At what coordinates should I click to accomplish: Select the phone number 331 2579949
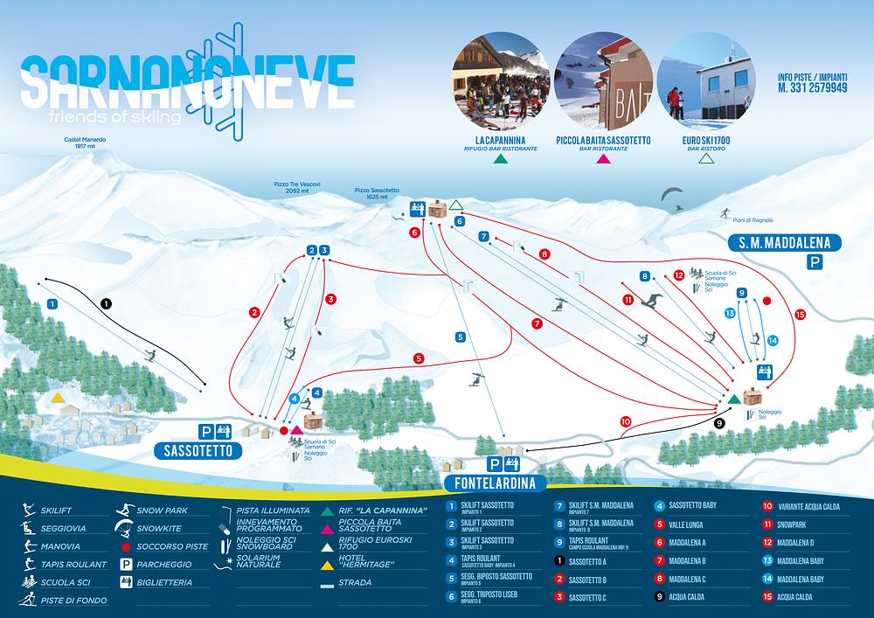pyautogui.click(x=812, y=89)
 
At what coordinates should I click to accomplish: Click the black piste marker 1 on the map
pyautogui.click(x=107, y=303)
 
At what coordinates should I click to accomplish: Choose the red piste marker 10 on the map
pyautogui.click(x=625, y=421)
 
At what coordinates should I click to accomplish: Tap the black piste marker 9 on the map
pyautogui.click(x=720, y=423)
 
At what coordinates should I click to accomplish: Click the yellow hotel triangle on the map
pyautogui.click(x=57, y=397)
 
